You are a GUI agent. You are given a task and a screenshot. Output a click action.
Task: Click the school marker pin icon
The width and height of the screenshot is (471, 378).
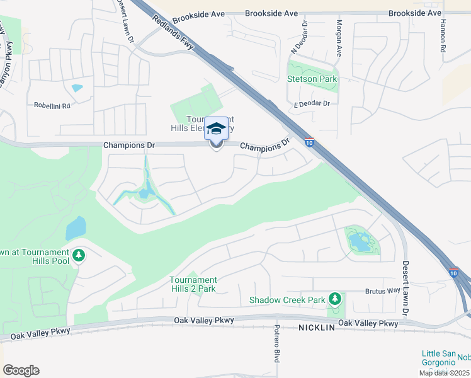tap(216, 130)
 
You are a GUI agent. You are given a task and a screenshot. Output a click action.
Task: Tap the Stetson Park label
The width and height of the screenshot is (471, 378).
tap(312, 79)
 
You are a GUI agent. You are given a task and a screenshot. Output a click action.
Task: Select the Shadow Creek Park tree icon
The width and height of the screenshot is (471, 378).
tap(336, 297)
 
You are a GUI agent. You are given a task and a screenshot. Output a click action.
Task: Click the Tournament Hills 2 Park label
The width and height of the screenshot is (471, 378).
tap(193, 284)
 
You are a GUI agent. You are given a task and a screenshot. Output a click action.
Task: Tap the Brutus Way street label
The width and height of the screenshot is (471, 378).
tap(382, 291)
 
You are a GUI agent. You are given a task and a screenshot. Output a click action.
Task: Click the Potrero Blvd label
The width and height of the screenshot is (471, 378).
tap(276, 344)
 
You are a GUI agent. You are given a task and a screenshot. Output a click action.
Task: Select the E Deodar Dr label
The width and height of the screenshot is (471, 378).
tap(312, 103)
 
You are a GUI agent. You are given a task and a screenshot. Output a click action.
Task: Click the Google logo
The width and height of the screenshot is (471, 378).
tap(21, 370)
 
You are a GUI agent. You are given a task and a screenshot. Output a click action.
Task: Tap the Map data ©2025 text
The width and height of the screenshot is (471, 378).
tap(444, 373)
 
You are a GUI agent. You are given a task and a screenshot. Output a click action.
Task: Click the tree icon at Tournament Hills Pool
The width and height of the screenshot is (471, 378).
tap(79, 256)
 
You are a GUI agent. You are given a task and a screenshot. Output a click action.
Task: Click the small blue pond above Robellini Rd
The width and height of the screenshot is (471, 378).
tap(77, 88)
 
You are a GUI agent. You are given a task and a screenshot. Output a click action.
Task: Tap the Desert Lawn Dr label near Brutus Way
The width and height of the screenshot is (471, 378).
tap(406, 288)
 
